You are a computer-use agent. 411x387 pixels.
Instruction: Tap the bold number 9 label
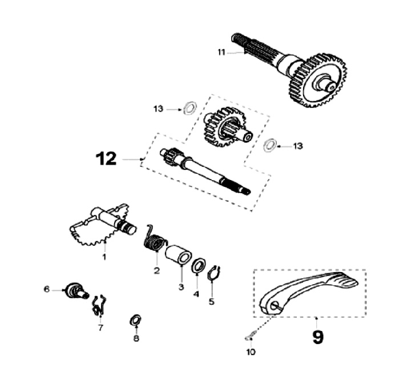[317, 336]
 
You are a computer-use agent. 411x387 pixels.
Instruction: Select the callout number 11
[221, 53]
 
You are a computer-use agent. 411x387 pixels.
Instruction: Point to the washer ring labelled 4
[198, 266]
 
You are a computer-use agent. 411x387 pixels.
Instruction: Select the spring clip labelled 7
[98, 304]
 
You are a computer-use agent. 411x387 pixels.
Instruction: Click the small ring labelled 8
[136, 320]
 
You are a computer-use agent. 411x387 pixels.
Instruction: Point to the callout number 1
[104, 257]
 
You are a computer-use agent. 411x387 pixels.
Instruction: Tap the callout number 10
[251, 352]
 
